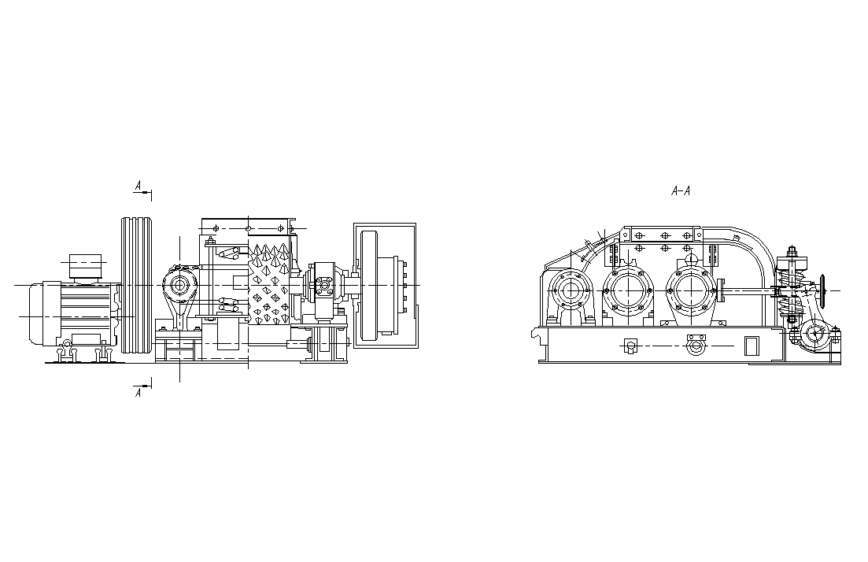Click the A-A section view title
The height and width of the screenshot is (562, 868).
pos(681,191)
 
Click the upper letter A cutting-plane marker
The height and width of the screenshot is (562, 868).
pos(139,185)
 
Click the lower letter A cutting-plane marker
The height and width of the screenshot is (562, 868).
pos(139,393)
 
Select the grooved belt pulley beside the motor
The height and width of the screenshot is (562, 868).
pos(136,285)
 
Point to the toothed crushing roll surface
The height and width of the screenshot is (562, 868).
pos(269,283)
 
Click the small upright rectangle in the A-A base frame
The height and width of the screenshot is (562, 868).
pos(751,346)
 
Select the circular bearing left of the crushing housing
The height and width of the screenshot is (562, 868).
pos(179,285)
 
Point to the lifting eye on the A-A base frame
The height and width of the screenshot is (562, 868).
pos(693,346)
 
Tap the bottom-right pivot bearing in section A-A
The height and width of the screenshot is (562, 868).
pos(814,335)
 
